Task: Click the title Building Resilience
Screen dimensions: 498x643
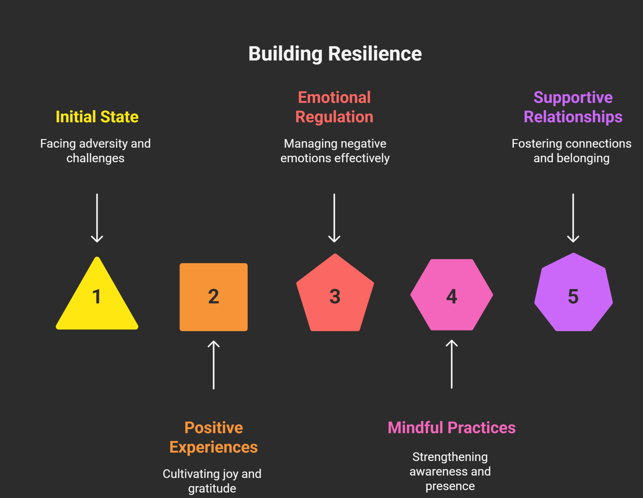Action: point(335,54)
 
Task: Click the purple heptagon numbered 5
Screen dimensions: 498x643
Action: point(573,294)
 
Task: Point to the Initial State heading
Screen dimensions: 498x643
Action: point(97,117)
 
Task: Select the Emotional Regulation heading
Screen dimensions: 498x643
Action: point(334,107)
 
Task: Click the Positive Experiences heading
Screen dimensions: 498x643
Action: point(213,437)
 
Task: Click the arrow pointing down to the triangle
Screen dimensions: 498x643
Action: point(97,218)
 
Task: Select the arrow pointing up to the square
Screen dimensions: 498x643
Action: point(213,365)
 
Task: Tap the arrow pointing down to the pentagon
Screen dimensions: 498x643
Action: point(334,218)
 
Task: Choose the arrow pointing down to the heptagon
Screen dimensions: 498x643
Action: point(573,218)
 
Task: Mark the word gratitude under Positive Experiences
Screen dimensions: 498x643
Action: point(212,489)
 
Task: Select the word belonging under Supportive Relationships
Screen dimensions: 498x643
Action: point(583,159)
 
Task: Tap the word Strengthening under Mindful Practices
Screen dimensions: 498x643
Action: point(450,457)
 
